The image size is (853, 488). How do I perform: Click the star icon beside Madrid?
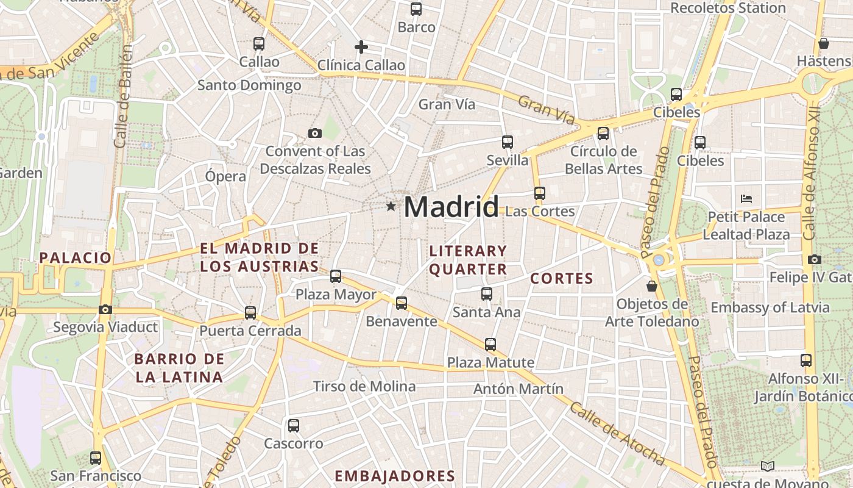(x=391, y=207)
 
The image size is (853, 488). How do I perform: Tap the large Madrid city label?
(x=451, y=207)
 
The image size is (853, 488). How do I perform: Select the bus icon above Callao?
(x=259, y=44)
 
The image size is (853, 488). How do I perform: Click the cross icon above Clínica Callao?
(x=361, y=46)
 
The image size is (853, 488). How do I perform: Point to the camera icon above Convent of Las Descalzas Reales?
(x=314, y=133)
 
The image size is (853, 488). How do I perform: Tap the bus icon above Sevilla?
(x=508, y=142)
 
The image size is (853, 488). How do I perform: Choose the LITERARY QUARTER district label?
(x=468, y=260)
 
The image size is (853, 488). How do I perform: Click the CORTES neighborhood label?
(x=562, y=279)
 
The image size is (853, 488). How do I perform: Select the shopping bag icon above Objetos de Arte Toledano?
(x=652, y=285)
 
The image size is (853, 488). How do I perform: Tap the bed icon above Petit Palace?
(x=746, y=198)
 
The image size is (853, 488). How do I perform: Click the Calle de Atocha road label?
(x=617, y=434)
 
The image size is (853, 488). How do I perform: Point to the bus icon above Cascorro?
(x=294, y=425)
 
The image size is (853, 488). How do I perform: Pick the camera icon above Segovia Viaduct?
(x=105, y=309)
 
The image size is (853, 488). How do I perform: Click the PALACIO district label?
(x=76, y=257)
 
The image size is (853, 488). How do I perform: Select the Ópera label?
(x=225, y=177)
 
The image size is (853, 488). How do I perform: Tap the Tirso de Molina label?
(x=364, y=386)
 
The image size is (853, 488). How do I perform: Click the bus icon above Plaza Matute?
(x=490, y=344)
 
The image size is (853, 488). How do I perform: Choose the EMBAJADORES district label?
(x=395, y=476)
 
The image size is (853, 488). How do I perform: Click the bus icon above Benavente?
(x=402, y=303)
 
